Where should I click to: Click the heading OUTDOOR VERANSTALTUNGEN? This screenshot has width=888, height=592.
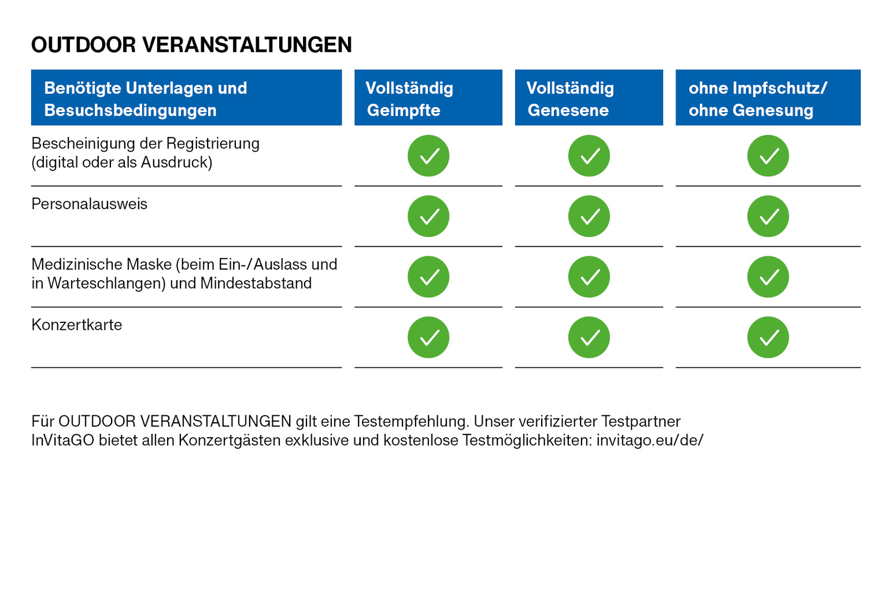tap(191, 44)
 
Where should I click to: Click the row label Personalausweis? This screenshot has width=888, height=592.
tap(89, 204)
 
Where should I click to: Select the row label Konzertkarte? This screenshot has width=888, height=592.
tap(76, 325)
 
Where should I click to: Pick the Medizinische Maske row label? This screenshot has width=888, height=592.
tap(184, 274)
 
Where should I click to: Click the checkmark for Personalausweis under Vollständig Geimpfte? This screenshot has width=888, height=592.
tap(428, 216)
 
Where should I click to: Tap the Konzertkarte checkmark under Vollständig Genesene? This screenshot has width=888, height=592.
tap(589, 337)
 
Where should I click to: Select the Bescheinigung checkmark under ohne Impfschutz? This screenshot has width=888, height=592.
tap(768, 155)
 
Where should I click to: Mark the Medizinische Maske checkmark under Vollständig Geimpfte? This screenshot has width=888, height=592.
tap(428, 277)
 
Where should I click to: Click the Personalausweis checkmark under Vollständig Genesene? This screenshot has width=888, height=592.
tap(589, 216)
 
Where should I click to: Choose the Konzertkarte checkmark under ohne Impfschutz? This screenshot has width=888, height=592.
tap(768, 337)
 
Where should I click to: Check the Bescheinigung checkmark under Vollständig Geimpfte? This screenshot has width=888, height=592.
tap(428, 155)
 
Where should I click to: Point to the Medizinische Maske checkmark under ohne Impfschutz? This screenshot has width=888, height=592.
tap(768, 277)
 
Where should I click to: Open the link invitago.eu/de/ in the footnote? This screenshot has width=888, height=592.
tap(650, 440)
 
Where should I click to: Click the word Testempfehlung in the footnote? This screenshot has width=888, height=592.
tap(412, 422)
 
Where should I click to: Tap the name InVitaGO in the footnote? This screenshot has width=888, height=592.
tap(62, 440)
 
